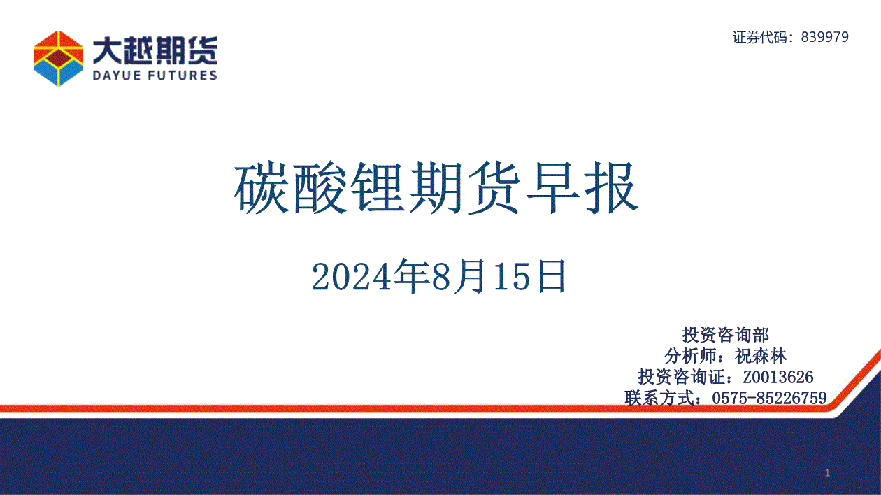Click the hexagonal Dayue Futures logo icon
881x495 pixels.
coord(59,58)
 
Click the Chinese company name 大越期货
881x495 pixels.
coord(155,50)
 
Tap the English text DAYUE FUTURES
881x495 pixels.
coord(155,76)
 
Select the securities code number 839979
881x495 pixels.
coord(825,37)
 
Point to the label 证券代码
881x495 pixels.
coord(760,37)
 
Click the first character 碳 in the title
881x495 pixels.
coord(261,187)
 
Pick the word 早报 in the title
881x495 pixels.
coord(582,187)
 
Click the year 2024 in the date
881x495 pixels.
coord(351,277)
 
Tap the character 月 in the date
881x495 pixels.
coord(470,276)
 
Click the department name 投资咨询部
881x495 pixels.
coord(725,335)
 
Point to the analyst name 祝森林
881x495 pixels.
coord(761,356)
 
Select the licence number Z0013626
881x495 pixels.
coord(778,377)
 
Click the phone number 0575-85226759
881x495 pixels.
coord(769,398)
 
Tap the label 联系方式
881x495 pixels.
coord(659,398)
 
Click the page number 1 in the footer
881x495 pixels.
coord(828,473)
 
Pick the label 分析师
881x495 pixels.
coord(691,356)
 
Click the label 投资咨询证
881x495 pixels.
coord(682,377)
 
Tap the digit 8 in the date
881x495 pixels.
coord(442,277)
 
